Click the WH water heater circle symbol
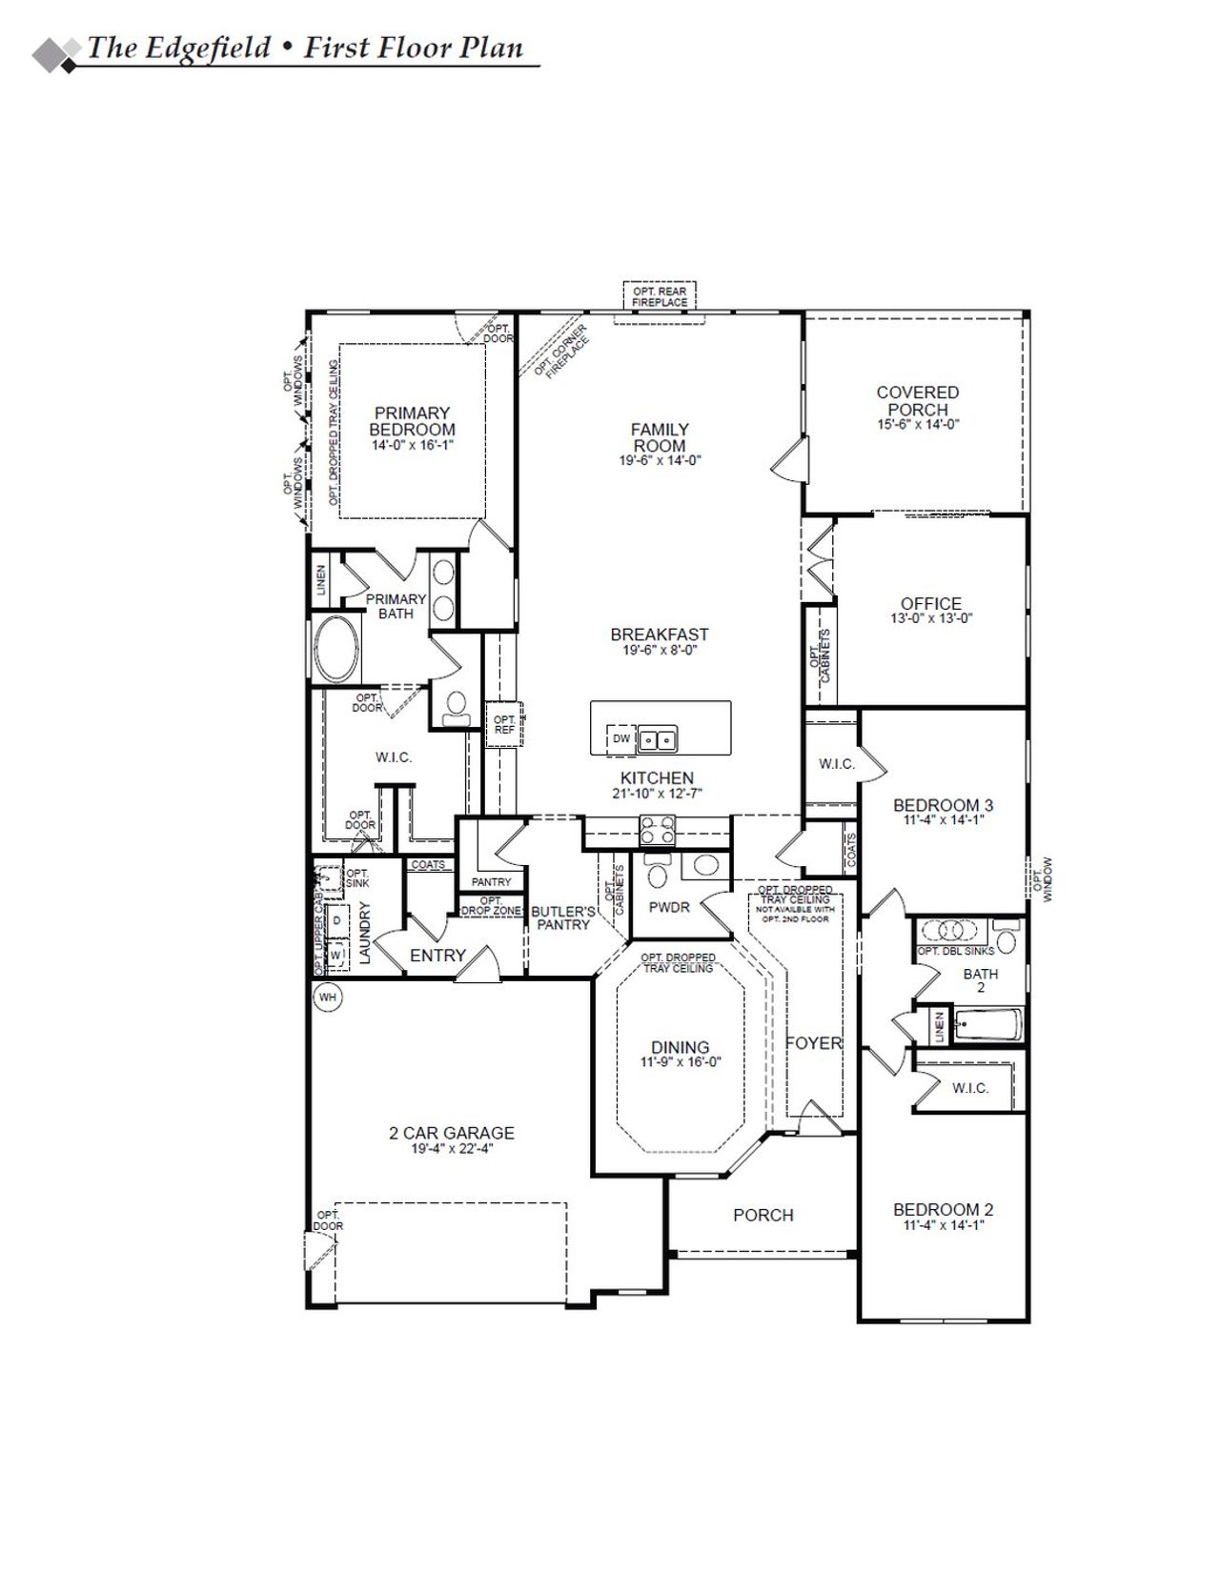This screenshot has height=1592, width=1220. tap(328, 998)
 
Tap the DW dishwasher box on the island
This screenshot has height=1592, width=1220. tap(621, 738)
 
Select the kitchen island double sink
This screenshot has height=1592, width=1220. tap(657, 738)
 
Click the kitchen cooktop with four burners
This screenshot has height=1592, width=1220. tap(658, 830)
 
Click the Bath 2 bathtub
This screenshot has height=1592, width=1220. tap(987, 1027)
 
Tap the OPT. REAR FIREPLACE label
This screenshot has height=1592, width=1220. tap(660, 296)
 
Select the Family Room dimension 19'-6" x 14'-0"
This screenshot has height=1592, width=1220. tap(660, 460)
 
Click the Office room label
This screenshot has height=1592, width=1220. tap(930, 603)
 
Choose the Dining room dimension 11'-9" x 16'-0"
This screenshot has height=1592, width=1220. tap(680, 1062)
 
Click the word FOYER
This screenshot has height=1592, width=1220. tap(814, 1043)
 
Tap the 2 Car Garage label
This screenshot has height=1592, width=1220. tap(451, 1133)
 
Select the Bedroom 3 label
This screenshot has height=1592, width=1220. tap(929, 805)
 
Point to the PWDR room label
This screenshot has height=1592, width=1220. tap(669, 907)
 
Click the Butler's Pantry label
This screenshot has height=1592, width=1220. tap(563, 917)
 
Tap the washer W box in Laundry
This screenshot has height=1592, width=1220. tap(335, 953)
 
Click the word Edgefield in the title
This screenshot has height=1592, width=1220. tap(207, 49)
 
